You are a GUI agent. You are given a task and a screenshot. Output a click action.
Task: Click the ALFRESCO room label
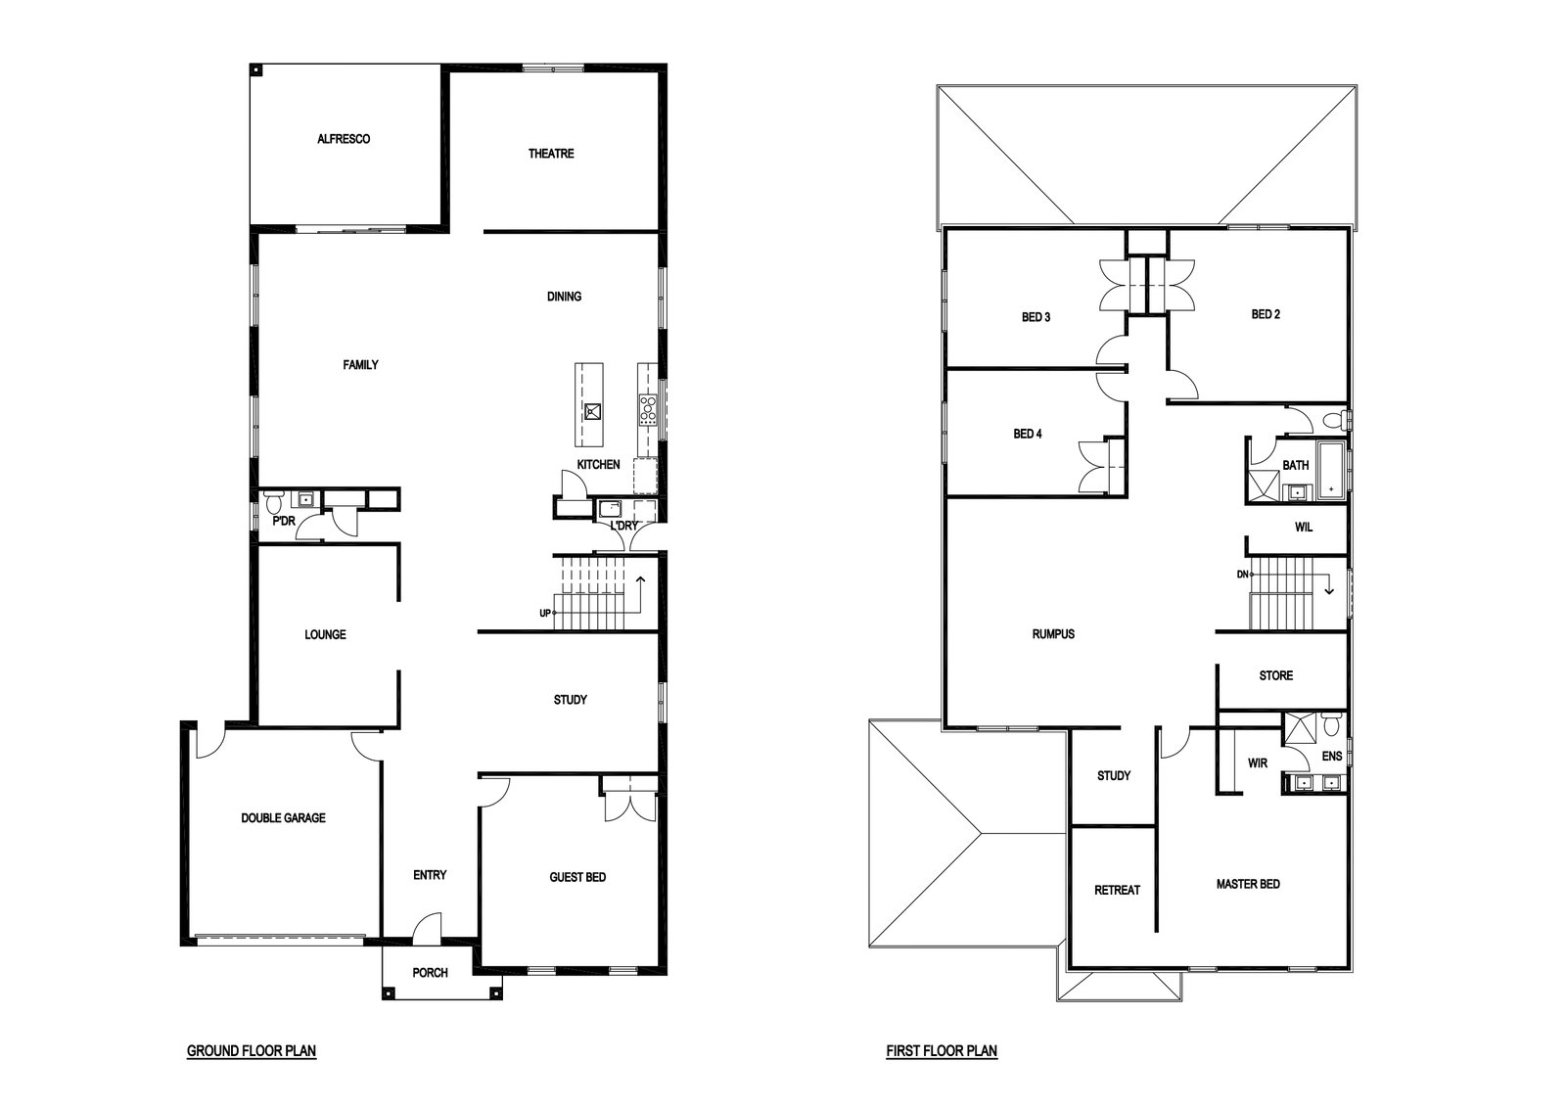pyautogui.click(x=344, y=139)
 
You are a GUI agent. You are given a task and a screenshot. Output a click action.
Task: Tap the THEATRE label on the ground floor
pyautogui.click(x=551, y=154)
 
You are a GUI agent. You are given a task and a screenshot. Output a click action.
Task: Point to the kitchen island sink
pyautogui.click(x=592, y=411)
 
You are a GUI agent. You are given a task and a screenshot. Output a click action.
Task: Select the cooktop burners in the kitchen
pyautogui.click(x=647, y=410)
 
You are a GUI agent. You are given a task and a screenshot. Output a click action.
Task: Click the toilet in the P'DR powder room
pyautogui.click(x=273, y=500)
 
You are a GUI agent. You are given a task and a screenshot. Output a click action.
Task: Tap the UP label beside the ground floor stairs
pyautogui.click(x=545, y=614)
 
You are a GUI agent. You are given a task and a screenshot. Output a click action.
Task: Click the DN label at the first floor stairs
pyautogui.click(x=1242, y=575)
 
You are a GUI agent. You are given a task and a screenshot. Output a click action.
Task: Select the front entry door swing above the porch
pyautogui.click(x=427, y=926)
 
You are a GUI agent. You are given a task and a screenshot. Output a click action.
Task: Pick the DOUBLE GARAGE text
pyautogui.click(x=283, y=818)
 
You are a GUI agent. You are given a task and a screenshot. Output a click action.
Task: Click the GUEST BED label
pyautogui.click(x=577, y=877)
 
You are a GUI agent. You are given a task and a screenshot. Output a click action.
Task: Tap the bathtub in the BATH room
pyautogui.click(x=1331, y=471)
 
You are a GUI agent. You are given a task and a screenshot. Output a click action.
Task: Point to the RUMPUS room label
pyautogui.click(x=1053, y=634)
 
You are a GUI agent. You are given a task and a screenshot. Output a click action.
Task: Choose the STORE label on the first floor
pyautogui.click(x=1276, y=676)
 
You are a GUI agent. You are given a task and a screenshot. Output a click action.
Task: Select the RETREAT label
pyautogui.click(x=1117, y=891)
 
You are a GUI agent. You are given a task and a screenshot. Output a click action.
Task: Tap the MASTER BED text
pyautogui.click(x=1248, y=884)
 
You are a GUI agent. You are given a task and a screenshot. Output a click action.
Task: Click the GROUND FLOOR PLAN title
pyautogui.click(x=252, y=1050)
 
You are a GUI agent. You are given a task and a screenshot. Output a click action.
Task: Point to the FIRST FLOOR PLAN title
pyautogui.click(x=942, y=1050)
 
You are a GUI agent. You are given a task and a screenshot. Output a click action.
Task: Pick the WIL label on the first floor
pyautogui.click(x=1304, y=528)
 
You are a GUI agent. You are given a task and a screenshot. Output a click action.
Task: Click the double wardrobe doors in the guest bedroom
pyautogui.click(x=630, y=808)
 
